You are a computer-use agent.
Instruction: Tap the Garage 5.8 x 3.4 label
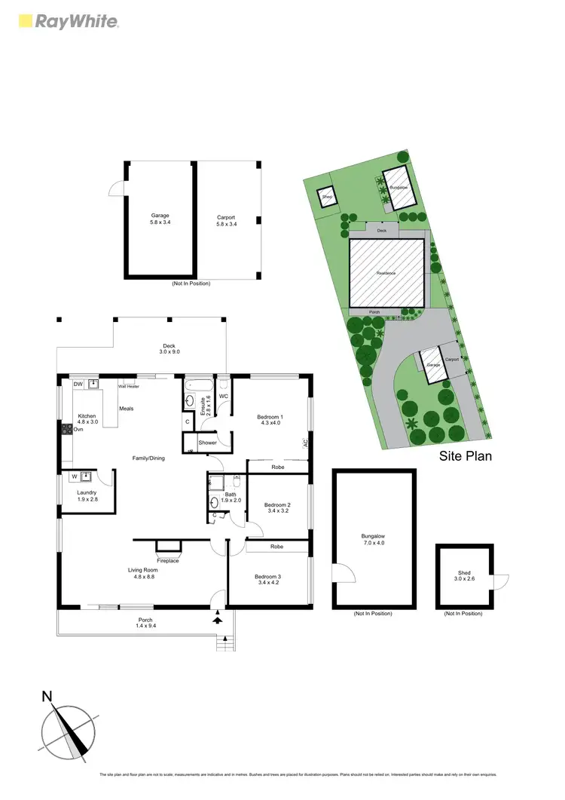coord(160,219)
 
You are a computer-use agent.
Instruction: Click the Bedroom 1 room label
coord(270,419)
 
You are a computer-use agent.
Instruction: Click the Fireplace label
coord(168,560)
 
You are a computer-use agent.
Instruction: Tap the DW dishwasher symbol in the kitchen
coord(78,385)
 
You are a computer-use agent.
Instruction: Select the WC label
coord(224,396)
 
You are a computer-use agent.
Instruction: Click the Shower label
coord(208,443)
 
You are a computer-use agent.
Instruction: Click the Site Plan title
coord(465,457)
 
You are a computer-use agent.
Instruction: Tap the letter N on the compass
coord(47,696)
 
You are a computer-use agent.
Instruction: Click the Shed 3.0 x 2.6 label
coord(463,576)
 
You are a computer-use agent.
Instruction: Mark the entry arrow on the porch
coord(218,618)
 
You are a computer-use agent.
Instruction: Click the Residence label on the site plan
coord(386,273)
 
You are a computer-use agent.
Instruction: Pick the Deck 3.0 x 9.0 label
coord(169,348)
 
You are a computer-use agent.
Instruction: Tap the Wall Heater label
coord(128,386)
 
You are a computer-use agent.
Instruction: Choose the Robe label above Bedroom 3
coord(276,546)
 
